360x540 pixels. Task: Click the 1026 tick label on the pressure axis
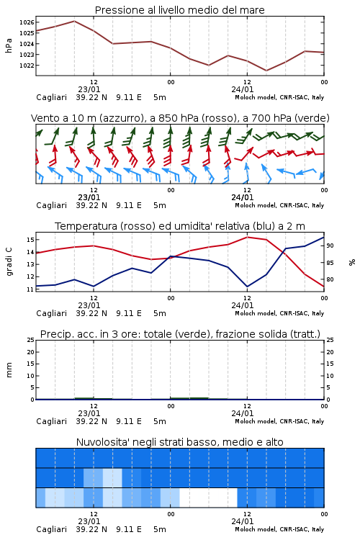click(27, 22)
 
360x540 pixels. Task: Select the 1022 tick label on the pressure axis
click(27, 66)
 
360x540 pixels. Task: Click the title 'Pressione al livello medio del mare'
click(180, 10)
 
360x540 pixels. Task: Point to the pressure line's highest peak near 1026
click(74, 21)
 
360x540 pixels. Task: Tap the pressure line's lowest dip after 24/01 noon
click(266, 71)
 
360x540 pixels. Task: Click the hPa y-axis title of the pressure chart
click(9, 45)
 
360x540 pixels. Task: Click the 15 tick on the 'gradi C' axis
click(30, 239)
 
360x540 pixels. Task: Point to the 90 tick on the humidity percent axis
click(330, 246)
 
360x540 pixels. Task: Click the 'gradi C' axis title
click(9, 261)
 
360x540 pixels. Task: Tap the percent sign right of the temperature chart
click(352, 262)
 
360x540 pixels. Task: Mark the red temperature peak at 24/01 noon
click(248, 237)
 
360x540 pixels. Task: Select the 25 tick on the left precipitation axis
click(30, 340)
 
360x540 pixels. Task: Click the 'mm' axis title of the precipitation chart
click(9, 370)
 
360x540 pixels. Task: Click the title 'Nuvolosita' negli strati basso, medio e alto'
click(180, 442)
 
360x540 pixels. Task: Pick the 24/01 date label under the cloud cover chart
click(243, 521)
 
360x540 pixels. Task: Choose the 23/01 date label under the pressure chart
click(89, 89)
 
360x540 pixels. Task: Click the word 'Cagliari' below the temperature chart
click(51, 313)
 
